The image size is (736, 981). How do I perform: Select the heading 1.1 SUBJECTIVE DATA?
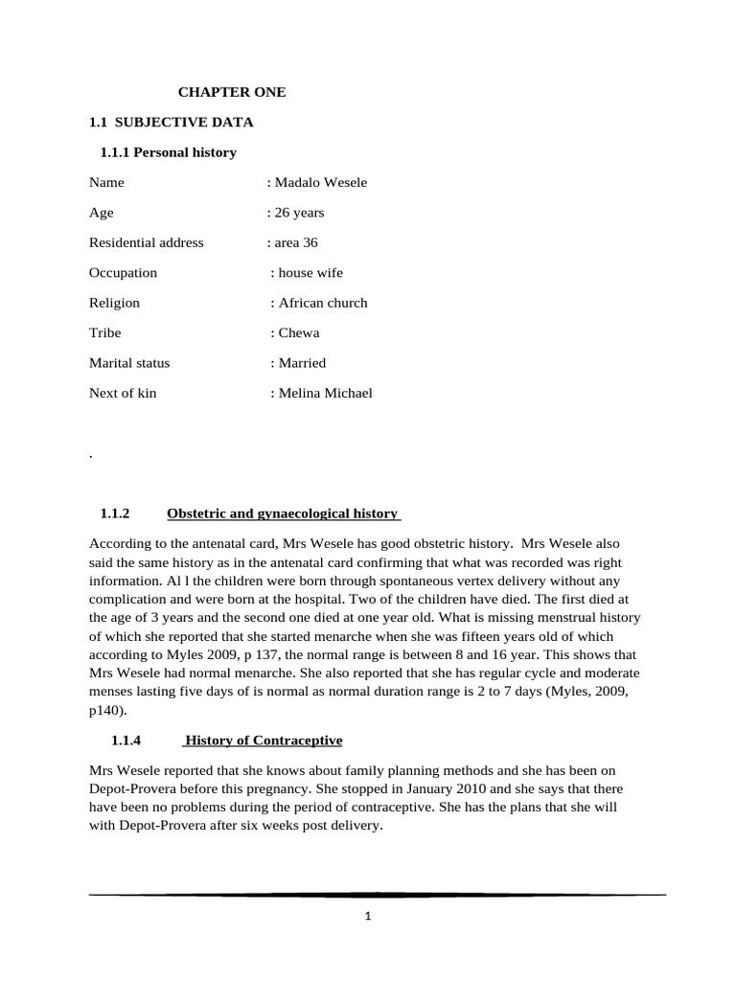(171, 122)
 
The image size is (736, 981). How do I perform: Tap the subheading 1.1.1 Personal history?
(168, 152)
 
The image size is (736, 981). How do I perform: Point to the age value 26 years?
(297, 213)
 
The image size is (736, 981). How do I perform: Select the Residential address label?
(146, 242)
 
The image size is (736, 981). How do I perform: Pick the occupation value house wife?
(309, 273)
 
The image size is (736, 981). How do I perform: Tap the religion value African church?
(321, 303)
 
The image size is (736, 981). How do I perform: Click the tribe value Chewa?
(297, 333)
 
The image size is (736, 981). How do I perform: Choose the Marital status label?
(128, 363)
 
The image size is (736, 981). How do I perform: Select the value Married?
(301, 363)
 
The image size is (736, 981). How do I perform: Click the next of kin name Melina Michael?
(324, 393)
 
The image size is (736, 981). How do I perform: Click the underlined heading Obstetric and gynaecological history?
(283, 513)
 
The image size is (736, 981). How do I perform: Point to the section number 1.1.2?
(113, 513)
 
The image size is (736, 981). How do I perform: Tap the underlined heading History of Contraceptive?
(263, 741)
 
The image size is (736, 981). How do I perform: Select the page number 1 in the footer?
(368, 916)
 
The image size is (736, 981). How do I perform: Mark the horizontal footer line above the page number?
(377, 894)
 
